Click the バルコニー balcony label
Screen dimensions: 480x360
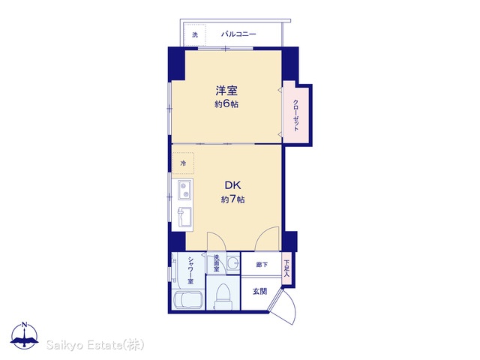[x=238, y=34]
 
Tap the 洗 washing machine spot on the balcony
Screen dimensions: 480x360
[x=195, y=35]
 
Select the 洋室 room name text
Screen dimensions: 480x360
[x=226, y=91]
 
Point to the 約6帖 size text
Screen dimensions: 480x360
[x=226, y=104]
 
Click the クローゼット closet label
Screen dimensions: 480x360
[x=295, y=115]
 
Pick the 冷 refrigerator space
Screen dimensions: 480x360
[x=183, y=163]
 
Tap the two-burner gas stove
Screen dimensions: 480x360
[x=184, y=190]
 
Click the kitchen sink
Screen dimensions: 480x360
[x=184, y=217]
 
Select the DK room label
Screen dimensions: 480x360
[x=232, y=185]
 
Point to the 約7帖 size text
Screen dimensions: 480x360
[x=232, y=199]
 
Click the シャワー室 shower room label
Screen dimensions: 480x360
[x=190, y=270]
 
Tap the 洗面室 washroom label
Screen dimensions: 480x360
[x=217, y=263]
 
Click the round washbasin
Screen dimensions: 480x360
[x=233, y=263]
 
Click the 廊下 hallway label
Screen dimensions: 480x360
[x=262, y=265]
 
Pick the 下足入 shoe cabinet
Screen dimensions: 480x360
[x=286, y=268]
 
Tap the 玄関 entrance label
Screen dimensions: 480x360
[x=260, y=292]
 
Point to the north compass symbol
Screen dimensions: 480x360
[x=25, y=336]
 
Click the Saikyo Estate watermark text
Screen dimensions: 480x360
[x=95, y=345]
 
